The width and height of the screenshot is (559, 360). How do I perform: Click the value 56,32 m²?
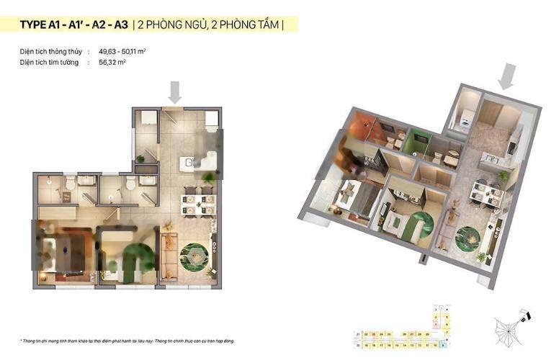point(112,63)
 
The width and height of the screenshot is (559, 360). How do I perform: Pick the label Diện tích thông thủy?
point(51,52)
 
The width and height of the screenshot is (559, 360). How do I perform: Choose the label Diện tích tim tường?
point(50,63)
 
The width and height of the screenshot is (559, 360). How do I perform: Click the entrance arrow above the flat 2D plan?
point(174,91)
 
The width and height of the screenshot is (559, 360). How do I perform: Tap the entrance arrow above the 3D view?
point(508,76)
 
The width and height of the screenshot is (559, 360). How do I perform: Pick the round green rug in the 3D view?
point(469,235)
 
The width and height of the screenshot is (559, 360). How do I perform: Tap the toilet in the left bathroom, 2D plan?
point(68,186)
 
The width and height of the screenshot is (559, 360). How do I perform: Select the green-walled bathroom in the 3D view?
point(416,141)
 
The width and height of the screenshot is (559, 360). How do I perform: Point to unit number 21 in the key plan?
point(357,334)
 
